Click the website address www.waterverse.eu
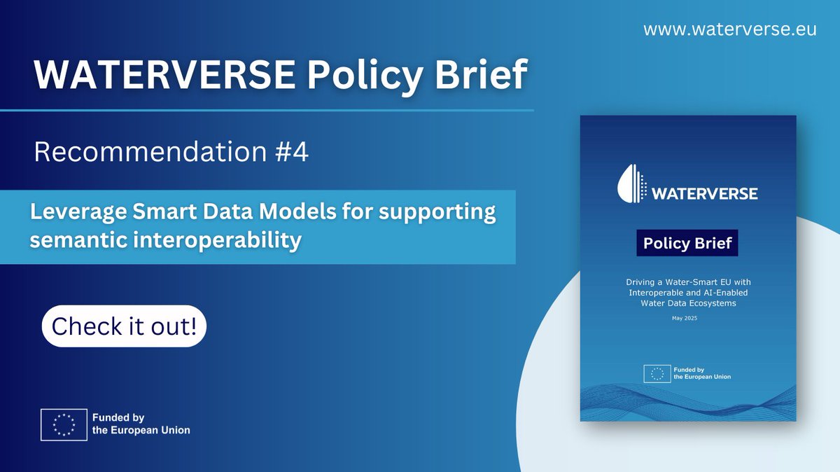(729, 29)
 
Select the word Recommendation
(150, 151)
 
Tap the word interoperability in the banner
(218, 240)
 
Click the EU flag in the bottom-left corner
(64, 424)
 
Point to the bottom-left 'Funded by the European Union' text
(141, 424)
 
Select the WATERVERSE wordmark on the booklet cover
(705, 194)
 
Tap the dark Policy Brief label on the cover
(687, 243)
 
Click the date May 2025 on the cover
(685, 318)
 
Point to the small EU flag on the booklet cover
(657, 374)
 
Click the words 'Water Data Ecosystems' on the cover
(689, 303)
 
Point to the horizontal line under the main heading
(267, 111)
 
